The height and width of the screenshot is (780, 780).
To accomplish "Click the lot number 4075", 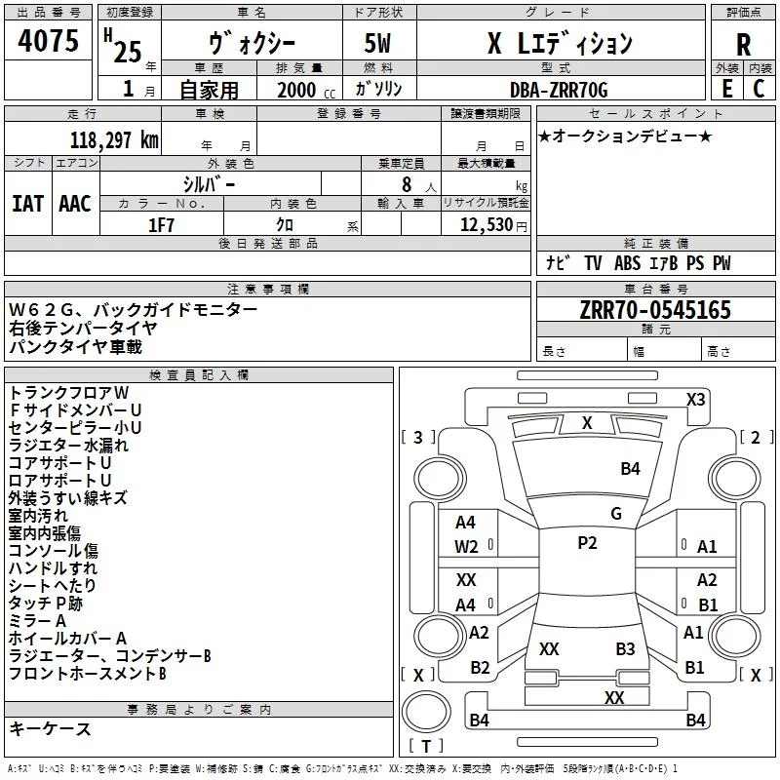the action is click(x=49, y=42).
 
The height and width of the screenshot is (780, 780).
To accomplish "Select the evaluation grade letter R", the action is click(x=743, y=44).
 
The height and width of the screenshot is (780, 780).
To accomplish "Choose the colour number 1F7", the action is click(x=162, y=224).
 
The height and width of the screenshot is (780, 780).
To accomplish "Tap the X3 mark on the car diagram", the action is click(x=696, y=400).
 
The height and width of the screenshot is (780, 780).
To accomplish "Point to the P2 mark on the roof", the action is click(x=587, y=543).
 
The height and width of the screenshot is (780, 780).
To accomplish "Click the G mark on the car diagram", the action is click(x=615, y=514).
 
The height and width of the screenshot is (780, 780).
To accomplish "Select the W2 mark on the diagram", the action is click(x=466, y=547).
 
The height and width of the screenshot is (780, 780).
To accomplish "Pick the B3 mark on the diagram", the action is click(x=625, y=648).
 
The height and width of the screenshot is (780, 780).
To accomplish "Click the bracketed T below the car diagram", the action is click(x=425, y=748).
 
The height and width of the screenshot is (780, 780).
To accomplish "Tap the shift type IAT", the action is click(x=27, y=203).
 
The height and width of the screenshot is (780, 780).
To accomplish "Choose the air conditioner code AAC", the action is click(x=75, y=203).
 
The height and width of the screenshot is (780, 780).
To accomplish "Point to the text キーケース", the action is click(x=51, y=728).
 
